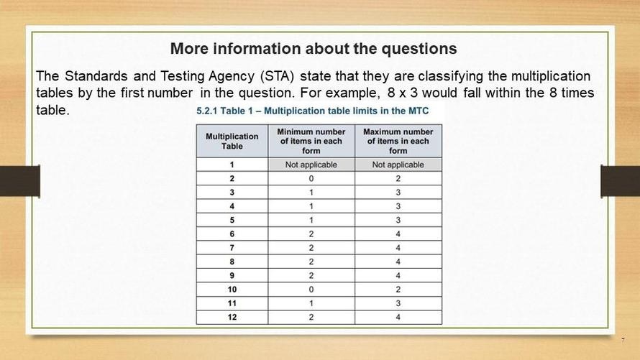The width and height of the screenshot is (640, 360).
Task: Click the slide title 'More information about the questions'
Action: [x=313, y=49]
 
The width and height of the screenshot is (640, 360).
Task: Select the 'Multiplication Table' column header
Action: [x=232, y=141]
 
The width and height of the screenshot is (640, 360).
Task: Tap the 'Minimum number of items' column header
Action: [x=311, y=141]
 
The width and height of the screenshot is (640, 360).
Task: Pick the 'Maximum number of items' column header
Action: [x=398, y=141]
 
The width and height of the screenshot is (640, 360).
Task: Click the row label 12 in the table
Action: [x=232, y=317]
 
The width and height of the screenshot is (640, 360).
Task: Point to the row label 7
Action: [x=232, y=248]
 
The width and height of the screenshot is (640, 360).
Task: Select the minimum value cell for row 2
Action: [x=311, y=179]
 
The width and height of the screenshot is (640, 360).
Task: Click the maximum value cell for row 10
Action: [x=398, y=290]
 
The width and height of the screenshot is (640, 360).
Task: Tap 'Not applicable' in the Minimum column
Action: [x=311, y=165]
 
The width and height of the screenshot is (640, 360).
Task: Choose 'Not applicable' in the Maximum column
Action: [x=398, y=165]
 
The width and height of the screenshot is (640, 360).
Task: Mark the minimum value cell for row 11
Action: [x=311, y=303]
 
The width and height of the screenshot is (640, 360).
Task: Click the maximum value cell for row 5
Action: [x=398, y=220]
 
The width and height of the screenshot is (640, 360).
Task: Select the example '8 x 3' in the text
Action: [x=403, y=93]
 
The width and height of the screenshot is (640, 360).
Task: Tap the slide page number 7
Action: [x=623, y=340]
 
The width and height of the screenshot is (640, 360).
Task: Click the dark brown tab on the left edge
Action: [x=20, y=181]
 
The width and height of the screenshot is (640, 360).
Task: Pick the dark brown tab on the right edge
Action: [x=621, y=181]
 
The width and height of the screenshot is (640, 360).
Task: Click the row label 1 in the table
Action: [x=232, y=165]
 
